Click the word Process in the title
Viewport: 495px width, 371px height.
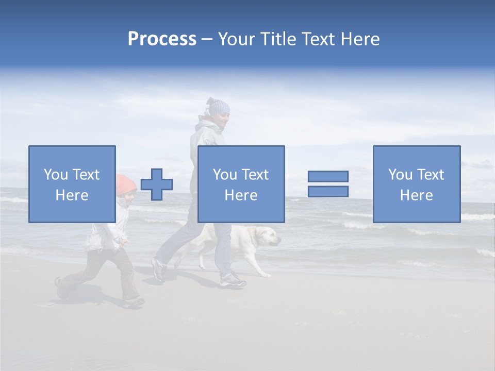(162, 39)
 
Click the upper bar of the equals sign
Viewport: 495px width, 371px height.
(328, 176)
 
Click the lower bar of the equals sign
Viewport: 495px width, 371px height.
(328, 192)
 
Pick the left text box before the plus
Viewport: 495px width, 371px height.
(72, 184)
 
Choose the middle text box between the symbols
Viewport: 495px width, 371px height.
(241, 184)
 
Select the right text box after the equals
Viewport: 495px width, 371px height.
(417, 184)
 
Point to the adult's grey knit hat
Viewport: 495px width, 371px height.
(219, 107)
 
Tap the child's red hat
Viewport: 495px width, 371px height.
(125, 184)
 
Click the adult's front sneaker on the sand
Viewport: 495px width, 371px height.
(233, 280)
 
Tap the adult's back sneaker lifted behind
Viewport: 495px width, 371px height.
(159, 269)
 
